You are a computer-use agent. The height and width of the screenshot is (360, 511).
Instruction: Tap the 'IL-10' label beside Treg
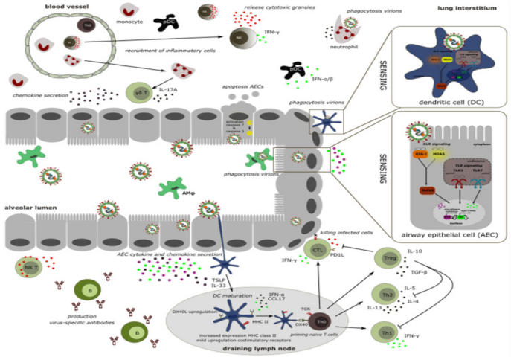pyautogui.click(x=416, y=251)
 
